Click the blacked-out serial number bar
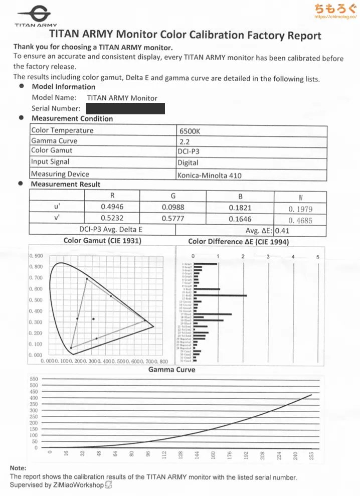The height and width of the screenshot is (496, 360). click(x=125, y=108)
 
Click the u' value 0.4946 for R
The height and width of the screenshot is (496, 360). click(x=112, y=207)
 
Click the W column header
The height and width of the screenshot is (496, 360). click(x=300, y=197)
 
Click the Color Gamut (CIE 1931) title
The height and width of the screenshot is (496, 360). click(x=102, y=241)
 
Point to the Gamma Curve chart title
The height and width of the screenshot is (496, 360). click(x=172, y=370)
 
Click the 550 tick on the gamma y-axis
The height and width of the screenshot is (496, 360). click(x=34, y=379)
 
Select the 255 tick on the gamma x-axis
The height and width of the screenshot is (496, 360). click(x=312, y=456)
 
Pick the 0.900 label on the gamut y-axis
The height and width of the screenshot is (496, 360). click(x=36, y=256)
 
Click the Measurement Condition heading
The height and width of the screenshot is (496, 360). click(x=72, y=119)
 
